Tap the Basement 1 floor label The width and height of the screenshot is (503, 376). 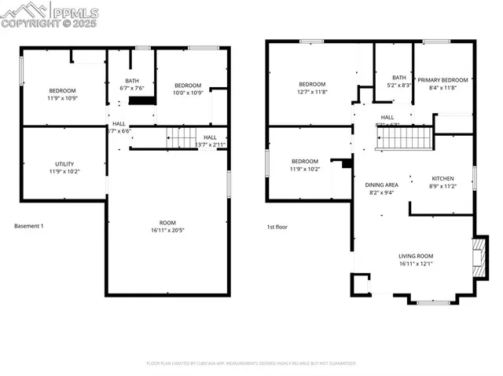pos(29,227)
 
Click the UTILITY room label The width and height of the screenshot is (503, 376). pos(64,167)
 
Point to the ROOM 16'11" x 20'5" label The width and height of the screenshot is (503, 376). pos(168,226)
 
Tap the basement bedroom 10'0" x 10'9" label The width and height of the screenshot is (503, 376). pos(188,89)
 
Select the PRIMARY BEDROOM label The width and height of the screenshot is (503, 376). pos(442,83)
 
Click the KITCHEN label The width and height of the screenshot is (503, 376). pos(443,183)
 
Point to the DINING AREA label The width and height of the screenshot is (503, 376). pos(381,188)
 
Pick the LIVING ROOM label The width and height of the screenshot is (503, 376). pos(415,260)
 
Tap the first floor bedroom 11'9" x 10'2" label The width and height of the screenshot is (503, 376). pos(305,165)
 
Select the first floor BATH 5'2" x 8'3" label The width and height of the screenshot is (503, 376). pos(399,81)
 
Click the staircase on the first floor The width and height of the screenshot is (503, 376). pos(402,140)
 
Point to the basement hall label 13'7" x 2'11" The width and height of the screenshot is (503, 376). pos(210,141)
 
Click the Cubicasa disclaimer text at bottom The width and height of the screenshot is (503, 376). pos(251,363)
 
